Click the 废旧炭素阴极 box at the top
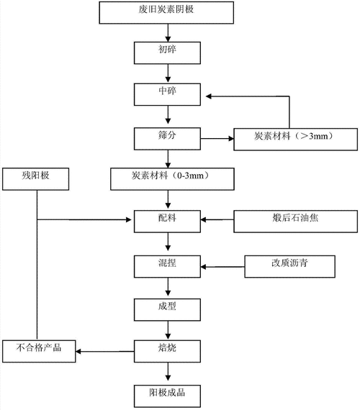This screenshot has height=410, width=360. pos(169,12)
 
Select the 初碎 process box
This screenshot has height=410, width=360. pos(168,52)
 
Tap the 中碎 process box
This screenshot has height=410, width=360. pos(168,94)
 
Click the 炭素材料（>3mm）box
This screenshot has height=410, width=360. pos(294,137)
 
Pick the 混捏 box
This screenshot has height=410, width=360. pos(168,265)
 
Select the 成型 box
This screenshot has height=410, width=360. pos(168,309)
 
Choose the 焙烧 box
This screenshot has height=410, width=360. pos(168,351)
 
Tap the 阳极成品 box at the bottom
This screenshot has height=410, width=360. pos(168,393)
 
